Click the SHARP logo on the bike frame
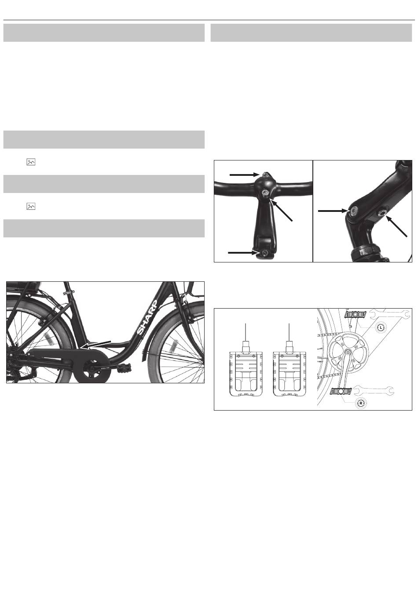[x=147, y=317]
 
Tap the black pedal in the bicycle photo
[x=124, y=367]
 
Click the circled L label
[x=381, y=327]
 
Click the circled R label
[x=360, y=404]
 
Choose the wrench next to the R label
[x=373, y=390]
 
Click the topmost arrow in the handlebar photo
[x=244, y=175]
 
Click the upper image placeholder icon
[x=31, y=162]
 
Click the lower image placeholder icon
[x=31, y=206]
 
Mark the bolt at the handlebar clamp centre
[x=265, y=192]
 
